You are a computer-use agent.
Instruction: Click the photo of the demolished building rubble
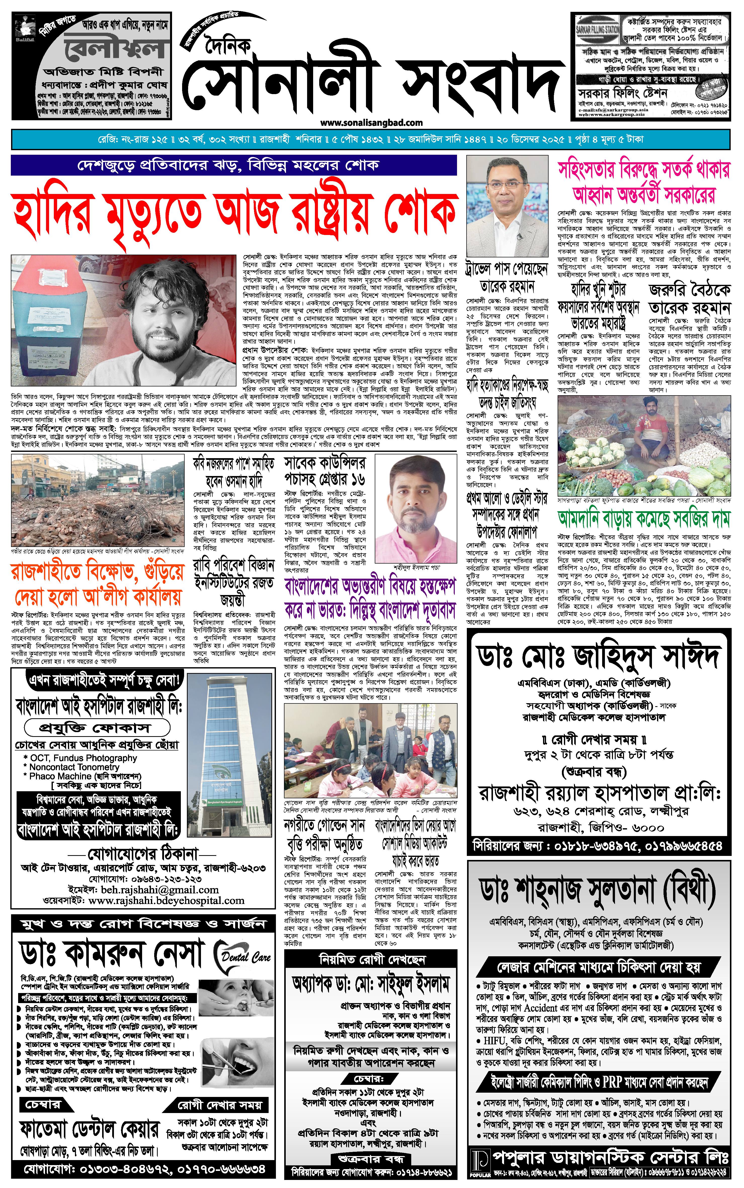tap(97, 501)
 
